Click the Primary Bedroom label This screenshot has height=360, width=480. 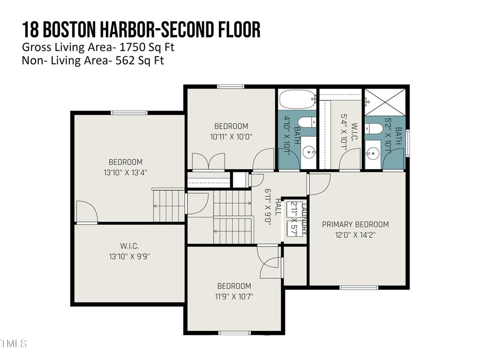coord(355,225)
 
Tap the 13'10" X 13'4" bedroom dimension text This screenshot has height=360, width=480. coord(126,172)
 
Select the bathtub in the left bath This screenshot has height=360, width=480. coord(297,99)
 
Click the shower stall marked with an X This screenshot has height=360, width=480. coord(385,102)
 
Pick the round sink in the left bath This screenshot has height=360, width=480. coord(308,151)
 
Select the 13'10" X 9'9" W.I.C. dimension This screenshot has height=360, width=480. coord(129,256)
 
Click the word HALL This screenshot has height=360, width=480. coord(278,207)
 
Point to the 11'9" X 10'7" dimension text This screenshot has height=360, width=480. coord(234,296)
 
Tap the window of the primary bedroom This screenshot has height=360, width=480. coord(359,287)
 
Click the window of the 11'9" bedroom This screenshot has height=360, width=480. coord(235,333)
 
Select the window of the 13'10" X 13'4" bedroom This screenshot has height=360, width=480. coord(129,113)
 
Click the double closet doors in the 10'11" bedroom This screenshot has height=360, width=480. coord(209,161)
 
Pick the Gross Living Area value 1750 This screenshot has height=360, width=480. coord(132,47)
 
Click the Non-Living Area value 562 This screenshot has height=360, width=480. coord(125,60)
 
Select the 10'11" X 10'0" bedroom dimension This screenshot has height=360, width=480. coord(231,136)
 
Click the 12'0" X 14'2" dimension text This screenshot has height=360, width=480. coord(355,235)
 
